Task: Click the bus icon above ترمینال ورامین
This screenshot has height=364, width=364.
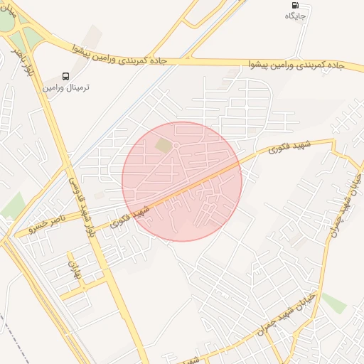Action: tap(66, 75)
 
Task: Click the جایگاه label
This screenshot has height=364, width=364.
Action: tap(296, 15)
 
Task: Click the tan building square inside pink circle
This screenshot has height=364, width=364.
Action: tap(164, 145)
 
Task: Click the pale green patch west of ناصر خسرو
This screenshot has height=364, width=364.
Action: tap(14, 205)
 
